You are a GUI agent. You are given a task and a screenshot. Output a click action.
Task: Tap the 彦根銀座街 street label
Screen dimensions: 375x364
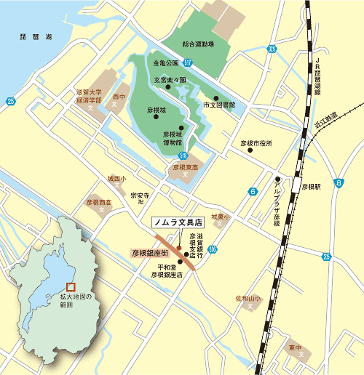151,253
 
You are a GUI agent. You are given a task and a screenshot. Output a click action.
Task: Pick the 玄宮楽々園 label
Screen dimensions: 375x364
169,80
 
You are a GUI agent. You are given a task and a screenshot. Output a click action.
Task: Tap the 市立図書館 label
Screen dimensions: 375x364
218,105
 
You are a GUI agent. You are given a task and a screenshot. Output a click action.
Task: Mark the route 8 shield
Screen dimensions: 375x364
339,183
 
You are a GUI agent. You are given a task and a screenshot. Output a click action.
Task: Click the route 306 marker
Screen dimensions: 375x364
212,250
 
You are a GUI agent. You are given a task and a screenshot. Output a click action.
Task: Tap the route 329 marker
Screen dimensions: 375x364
272,49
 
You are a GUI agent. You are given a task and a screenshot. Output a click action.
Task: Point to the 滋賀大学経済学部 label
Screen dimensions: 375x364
92,97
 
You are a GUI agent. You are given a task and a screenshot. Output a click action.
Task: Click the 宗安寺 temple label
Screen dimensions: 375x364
139,196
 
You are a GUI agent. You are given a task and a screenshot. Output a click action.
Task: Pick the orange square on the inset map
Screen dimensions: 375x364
71,287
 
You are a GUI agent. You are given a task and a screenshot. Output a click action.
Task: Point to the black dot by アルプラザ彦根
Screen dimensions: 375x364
277,179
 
